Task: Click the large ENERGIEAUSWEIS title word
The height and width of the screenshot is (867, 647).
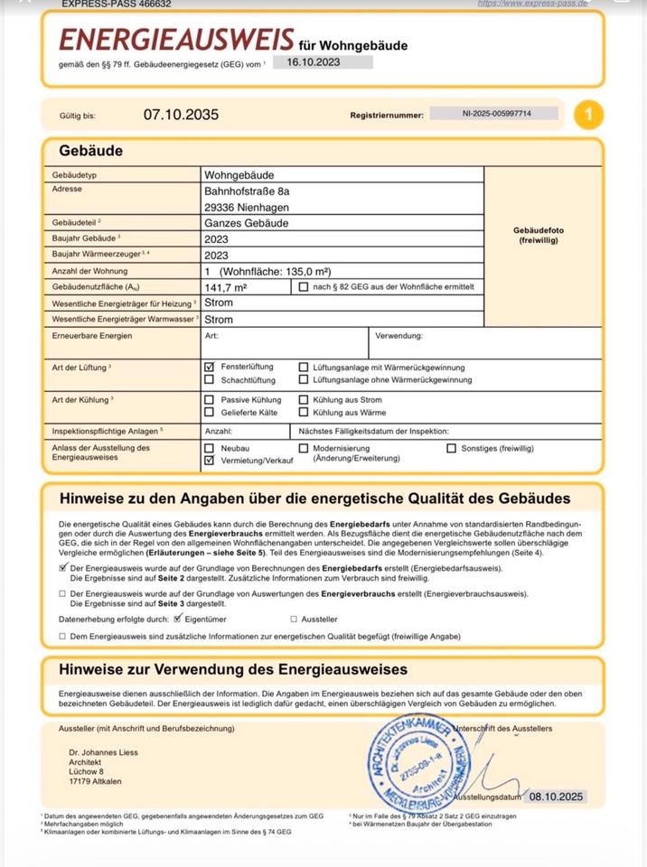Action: (x=176, y=40)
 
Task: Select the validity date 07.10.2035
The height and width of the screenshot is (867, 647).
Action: (x=181, y=115)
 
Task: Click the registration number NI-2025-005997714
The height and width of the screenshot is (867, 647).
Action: (x=496, y=114)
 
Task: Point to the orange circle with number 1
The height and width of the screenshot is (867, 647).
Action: (x=588, y=115)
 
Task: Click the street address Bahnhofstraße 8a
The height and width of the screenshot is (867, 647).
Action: (x=247, y=191)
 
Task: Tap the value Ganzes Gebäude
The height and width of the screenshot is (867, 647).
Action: (x=247, y=223)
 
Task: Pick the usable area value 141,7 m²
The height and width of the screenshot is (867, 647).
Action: (x=226, y=286)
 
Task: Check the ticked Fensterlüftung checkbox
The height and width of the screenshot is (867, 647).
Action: (x=210, y=368)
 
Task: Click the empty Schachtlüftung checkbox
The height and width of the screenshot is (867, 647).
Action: (x=210, y=380)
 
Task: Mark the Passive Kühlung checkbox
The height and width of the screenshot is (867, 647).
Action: (x=210, y=399)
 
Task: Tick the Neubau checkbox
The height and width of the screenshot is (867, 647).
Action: (x=210, y=448)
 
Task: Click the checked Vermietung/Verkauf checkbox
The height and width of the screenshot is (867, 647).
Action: (x=210, y=460)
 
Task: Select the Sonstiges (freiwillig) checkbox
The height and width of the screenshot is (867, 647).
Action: (x=452, y=448)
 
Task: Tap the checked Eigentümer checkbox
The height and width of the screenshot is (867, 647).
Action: (x=178, y=619)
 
